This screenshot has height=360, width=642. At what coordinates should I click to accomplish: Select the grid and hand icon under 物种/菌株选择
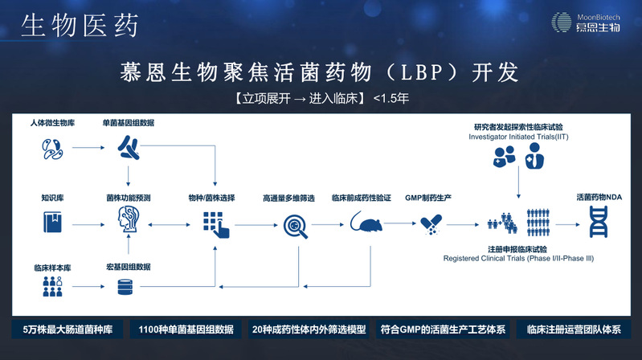(x=214, y=224)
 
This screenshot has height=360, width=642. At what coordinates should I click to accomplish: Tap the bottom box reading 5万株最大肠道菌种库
(x=67, y=329)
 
